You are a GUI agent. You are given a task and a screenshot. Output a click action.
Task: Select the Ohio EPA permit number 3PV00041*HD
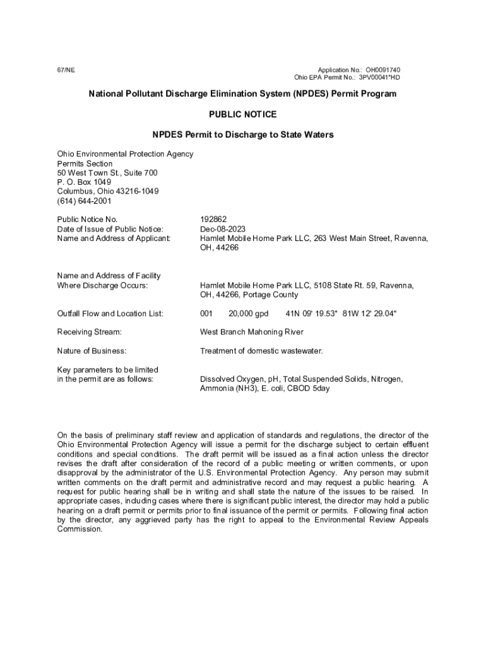[379, 78]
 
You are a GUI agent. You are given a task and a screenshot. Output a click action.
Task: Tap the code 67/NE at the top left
[66, 70]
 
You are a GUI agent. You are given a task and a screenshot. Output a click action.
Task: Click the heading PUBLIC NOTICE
[242, 115]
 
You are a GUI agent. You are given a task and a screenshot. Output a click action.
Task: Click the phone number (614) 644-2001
[84, 201]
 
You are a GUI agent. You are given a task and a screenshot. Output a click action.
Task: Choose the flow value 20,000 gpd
[248, 314]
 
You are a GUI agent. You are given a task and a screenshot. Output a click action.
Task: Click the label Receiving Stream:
[89, 332]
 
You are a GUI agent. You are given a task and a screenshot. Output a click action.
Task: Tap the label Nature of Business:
[92, 351]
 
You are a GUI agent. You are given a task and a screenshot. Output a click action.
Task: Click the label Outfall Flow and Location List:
[110, 314]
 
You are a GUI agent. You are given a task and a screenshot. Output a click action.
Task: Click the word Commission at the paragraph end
[79, 529]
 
